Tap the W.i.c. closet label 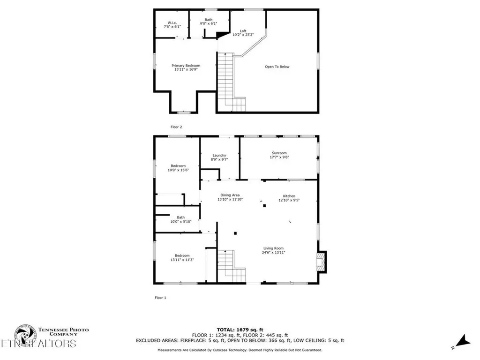point(172,23)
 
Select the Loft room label point(243,31)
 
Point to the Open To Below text point(277,67)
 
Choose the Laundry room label point(219,156)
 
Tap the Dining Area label point(230,195)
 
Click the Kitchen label point(289,196)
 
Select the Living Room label point(273,248)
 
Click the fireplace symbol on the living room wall point(321,262)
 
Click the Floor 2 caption point(176,127)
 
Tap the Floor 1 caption point(160,298)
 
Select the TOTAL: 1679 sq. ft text point(240,330)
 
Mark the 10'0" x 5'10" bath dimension point(180,222)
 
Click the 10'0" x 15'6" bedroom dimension point(178,170)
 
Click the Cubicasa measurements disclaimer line point(240,350)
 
